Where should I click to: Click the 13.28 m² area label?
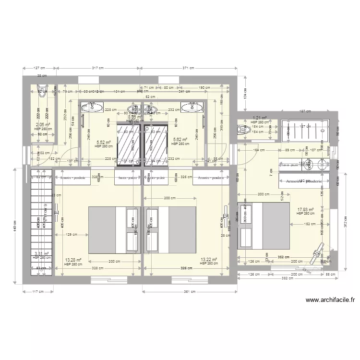(x=72, y=259)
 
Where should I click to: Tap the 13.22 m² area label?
(x=209, y=259)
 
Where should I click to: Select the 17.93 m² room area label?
(x=305, y=209)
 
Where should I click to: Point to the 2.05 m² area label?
(x=43, y=124)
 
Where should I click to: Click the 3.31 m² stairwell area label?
(x=42, y=253)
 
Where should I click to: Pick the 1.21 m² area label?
(x=260, y=118)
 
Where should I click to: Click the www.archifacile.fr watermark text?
(x=330, y=300)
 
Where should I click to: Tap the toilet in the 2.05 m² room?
(x=42, y=92)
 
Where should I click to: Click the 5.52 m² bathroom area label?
(x=104, y=142)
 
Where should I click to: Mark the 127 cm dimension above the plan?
(x=39, y=68)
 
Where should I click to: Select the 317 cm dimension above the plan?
(x=98, y=68)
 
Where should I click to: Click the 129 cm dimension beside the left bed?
(x=72, y=234)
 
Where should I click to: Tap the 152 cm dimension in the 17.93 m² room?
(x=309, y=224)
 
